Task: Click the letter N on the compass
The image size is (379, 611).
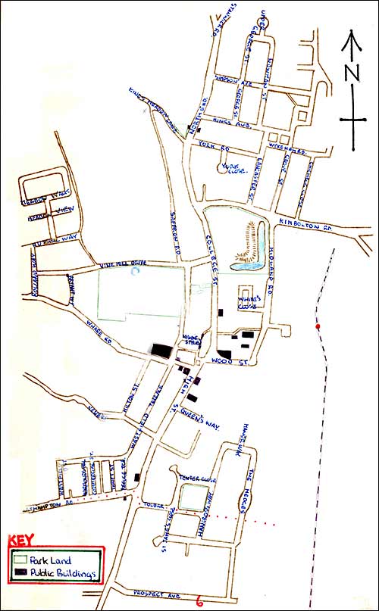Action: click(x=350, y=73)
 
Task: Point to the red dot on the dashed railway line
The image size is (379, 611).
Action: click(x=318, y=327)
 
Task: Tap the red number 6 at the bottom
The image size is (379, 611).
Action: click(x=198, y=602)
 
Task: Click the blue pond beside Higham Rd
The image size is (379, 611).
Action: click(x=246, y=263)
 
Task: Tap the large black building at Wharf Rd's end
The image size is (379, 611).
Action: click(x=161, y=350)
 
